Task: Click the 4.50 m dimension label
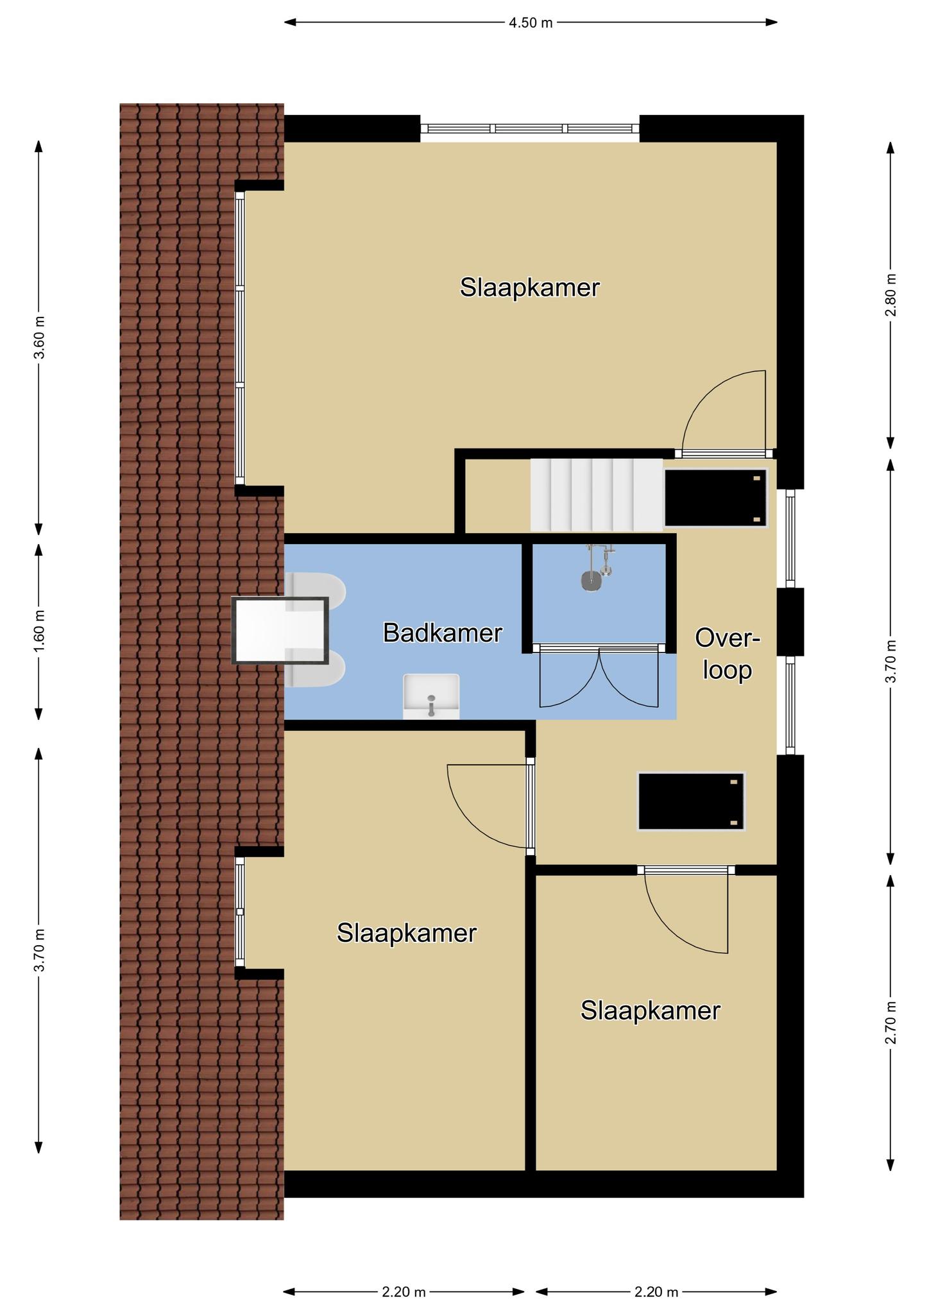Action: tap(531, 23)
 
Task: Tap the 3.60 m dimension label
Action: tap(39, 338)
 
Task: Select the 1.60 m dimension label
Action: tap(39, 631)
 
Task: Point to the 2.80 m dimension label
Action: tap(891, 294)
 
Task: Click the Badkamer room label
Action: tap(442, 633)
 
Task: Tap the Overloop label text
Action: tap(728, 654)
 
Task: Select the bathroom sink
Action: tap(431, 696)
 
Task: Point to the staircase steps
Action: tap(596, 495)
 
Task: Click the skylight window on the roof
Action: tap(280, 630)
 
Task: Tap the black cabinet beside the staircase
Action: tap(716, 498)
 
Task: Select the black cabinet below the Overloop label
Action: tap(691, 802)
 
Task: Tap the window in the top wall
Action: tap(530, 128)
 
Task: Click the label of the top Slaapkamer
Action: tap(529, 287)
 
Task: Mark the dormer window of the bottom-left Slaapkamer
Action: tap(240, 912)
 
